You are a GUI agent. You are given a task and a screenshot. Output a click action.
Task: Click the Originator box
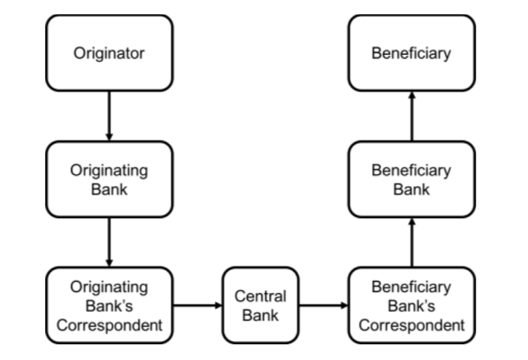tap(110, 53)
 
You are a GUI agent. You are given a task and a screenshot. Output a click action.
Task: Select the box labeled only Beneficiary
tap(411, 53)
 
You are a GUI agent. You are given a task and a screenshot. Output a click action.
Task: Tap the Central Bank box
tap(260, 305)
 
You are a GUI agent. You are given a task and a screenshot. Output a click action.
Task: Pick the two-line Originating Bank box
tap(110, 179)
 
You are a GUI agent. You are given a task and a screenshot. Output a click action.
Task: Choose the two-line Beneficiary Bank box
tap(411, 179)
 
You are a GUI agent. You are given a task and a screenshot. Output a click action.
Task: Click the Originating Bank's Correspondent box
tap(110, 305)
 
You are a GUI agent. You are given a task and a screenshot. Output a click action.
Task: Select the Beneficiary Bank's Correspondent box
tap(411, 305)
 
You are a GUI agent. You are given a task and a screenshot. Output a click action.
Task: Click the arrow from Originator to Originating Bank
tap(109, 116)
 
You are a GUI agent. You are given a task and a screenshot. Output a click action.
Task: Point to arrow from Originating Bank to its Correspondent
tap(109, 242)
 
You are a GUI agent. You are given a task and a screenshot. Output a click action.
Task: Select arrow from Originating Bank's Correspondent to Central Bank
tap(198, 305)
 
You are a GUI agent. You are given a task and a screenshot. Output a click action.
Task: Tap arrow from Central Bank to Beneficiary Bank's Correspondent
tap(324, 305)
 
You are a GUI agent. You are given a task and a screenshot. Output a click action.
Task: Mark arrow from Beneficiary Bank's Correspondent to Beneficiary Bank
tap(411, 242)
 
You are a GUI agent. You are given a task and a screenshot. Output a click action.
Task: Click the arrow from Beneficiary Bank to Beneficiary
tap(411, 116)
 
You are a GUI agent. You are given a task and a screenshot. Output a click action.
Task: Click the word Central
tap(260, 297)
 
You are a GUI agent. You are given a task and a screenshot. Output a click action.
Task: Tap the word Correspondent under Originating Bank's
tap(110, 326)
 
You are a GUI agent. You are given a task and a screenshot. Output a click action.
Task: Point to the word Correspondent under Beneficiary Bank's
tap(411, 326)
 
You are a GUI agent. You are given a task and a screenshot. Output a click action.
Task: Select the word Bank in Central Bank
tap(260, 315)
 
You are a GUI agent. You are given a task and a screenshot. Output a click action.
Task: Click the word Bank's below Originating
tap(109, 306)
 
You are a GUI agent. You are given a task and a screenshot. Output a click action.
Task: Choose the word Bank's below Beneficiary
tap(411, 306)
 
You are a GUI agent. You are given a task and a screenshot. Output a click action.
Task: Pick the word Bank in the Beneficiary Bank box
tap(411, 189)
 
